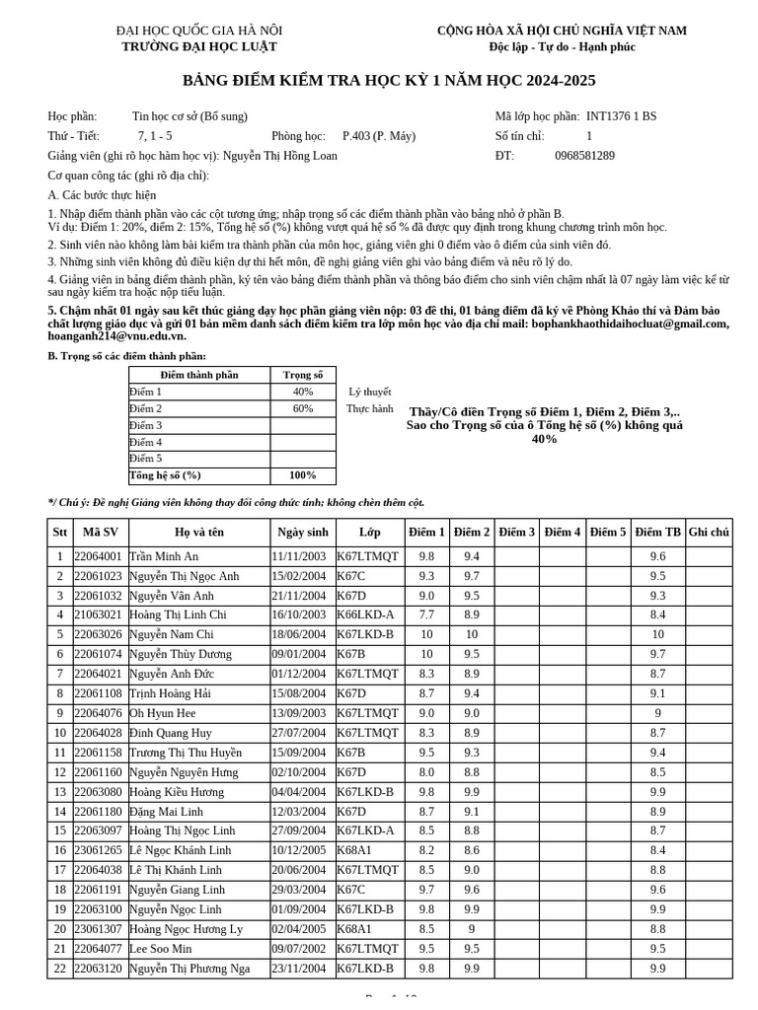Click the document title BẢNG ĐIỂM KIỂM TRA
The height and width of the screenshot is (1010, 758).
pos(389,81)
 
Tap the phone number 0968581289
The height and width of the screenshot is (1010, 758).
pos(584,156)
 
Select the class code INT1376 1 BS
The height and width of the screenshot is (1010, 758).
pos(621,116)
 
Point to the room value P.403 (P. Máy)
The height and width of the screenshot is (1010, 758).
pos(379,136)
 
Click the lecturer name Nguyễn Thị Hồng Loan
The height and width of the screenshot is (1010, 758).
pos(280,156)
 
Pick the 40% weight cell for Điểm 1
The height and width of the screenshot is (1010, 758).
pos(303,392)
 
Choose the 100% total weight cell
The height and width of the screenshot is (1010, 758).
pos(303,475)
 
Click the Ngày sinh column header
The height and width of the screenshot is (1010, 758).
pos(302,533)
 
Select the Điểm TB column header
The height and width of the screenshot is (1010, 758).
pos(657,533)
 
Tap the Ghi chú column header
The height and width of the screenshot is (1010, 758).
pos(709,533)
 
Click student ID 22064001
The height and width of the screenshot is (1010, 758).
pos(99,556)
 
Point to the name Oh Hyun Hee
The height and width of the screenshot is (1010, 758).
pos(163,713)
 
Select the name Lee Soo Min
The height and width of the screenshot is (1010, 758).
pos(161,949)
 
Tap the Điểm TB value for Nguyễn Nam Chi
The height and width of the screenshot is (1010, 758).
pos(657,634)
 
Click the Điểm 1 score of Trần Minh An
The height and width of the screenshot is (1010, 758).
pos(426,556)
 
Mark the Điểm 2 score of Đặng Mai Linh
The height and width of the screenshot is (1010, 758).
pos(472,812)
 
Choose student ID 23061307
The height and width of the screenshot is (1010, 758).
pos(99,929)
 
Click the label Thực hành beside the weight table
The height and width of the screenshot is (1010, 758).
pos(369,408)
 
